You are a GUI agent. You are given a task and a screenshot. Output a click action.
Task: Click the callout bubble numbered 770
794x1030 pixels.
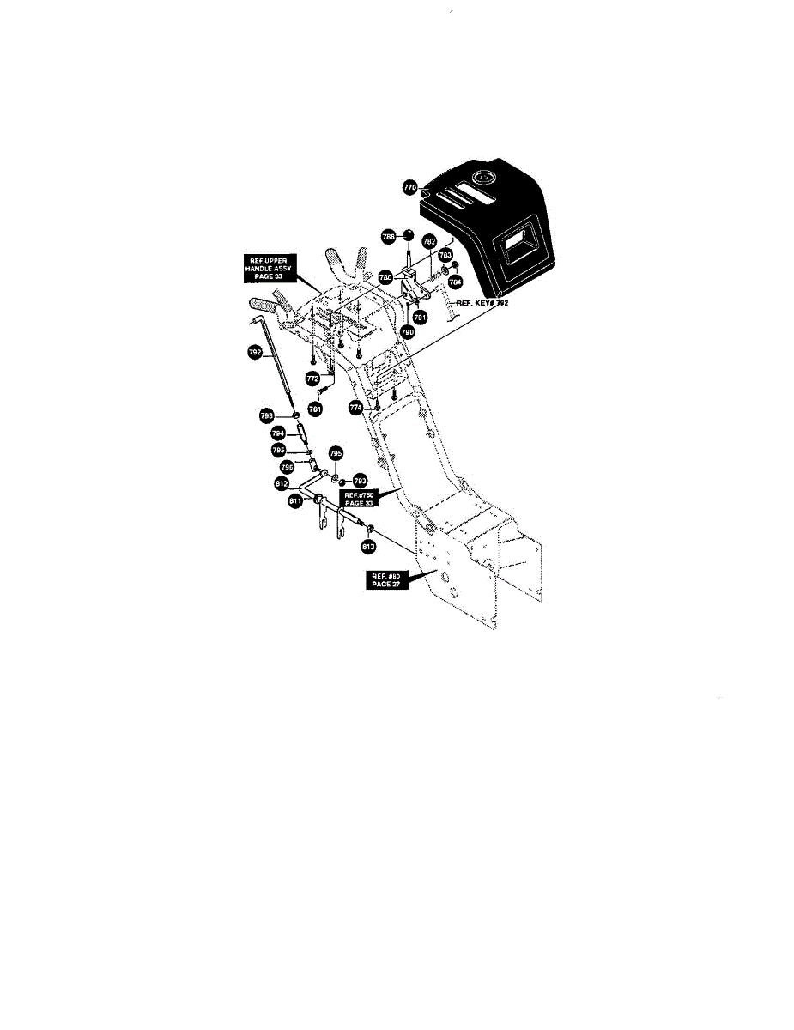pos(410,186)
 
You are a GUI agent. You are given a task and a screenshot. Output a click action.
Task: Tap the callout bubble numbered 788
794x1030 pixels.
pos(389,237)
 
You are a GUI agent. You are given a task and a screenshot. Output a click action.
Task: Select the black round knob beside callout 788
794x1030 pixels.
pos(409,236)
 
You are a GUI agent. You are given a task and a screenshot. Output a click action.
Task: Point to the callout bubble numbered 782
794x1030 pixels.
pos(430,243)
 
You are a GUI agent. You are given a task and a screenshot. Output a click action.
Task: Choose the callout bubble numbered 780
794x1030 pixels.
pos(387,278)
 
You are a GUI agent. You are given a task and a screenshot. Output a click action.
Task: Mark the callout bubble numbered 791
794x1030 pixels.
pos(420,318)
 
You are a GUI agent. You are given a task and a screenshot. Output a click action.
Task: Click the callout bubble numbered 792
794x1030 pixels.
pos(254,351)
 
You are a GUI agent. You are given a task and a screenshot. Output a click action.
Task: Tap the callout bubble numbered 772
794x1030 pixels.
pos(312,378)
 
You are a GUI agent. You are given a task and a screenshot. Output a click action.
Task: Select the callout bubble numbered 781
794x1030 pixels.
pos(315,409)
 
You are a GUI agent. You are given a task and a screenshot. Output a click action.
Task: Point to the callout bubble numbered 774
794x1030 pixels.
pos(355,409)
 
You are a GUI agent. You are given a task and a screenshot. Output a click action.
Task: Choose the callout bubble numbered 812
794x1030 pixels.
pos(282,484)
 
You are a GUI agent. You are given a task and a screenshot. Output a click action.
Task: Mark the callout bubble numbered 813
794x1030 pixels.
pos(367,546)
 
